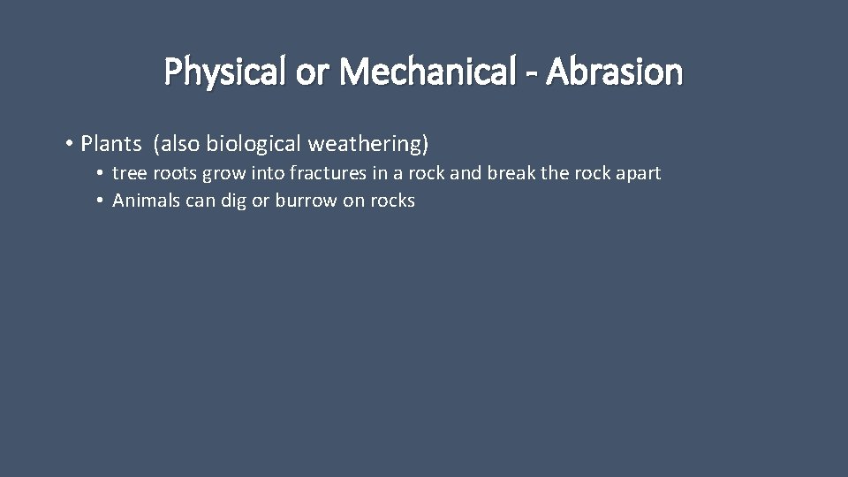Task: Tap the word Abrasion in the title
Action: click(x=615, y=72)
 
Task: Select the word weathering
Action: click(x=367, y=143)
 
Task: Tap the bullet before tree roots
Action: click(x=102, y=173)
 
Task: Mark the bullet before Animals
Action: click(x=102, y=201)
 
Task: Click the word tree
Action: click(x=126, y=173)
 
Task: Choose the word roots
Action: click(x=170, y=173)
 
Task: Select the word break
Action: click(x=511, y=173)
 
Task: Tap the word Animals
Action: click(x=146, y=201)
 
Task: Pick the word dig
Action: click(x=233, y=201)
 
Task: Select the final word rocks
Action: click(x=391, y=201)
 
